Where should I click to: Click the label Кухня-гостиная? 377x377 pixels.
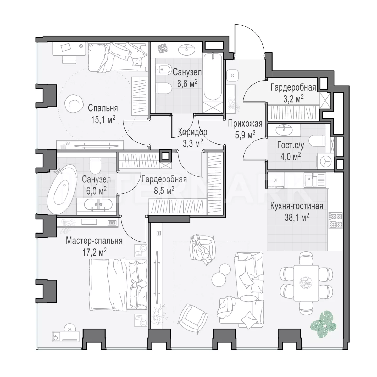[297, 206]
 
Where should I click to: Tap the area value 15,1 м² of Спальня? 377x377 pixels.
[103, 119]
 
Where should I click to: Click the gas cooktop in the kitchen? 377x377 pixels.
[336, 220]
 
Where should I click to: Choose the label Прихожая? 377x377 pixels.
[245, 124]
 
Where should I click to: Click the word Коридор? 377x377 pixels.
[192, 132]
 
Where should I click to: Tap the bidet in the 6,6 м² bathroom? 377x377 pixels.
[163, 69]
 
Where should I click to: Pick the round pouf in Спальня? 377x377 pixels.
[73, 103]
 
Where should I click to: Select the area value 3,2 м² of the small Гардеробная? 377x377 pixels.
[293, 99]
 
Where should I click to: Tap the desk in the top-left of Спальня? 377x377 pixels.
[69, 49]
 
